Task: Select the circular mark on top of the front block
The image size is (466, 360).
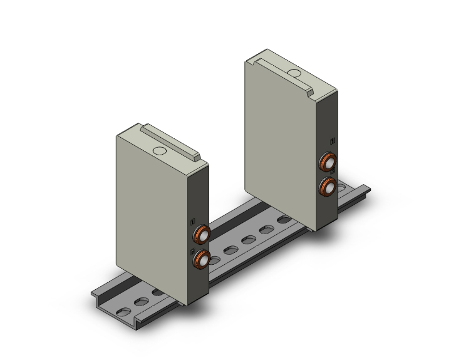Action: pos(160,151)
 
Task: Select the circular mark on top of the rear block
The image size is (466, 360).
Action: pos(294,74)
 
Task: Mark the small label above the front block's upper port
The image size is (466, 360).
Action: pos(193,220)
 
